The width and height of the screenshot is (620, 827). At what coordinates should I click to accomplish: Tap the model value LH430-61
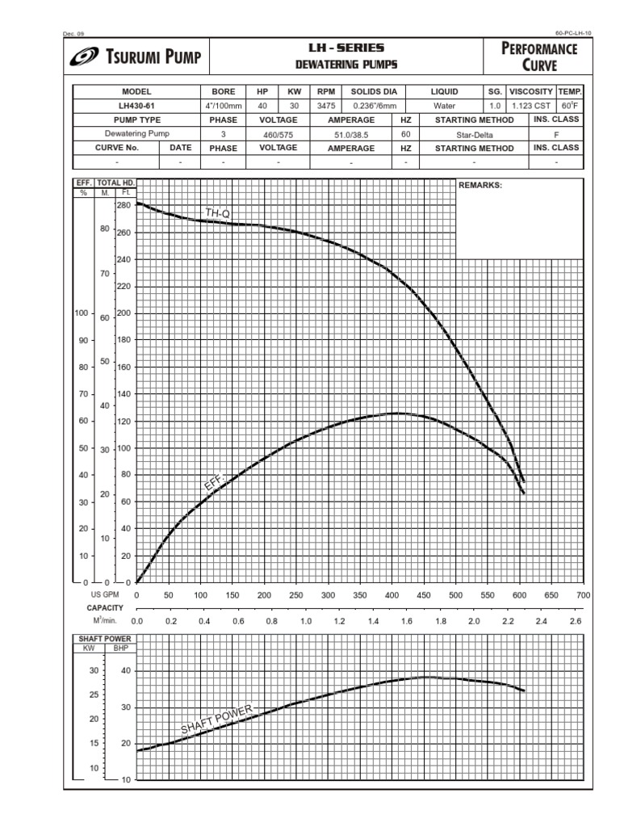point(136,106)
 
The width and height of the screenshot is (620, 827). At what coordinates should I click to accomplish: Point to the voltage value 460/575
point(278,134)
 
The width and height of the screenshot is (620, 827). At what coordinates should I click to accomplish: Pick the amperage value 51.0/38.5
point(351,134)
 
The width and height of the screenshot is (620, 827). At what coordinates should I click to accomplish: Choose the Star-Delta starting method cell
point(474,134)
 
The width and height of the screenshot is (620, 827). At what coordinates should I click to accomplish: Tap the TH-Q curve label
point(218,213)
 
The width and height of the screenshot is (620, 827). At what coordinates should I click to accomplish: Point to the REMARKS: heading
point(480,185)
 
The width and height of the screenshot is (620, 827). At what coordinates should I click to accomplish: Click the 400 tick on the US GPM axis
point(392,594)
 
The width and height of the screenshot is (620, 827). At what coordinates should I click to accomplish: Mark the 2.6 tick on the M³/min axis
point(575,621)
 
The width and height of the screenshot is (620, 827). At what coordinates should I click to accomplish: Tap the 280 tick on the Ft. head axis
point(124,206)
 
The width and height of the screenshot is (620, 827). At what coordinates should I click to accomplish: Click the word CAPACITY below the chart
point(105,607)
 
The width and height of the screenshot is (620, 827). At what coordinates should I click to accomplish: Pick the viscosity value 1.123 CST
point(530,106)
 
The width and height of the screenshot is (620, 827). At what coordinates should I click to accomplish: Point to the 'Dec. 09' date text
point(73,33)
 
